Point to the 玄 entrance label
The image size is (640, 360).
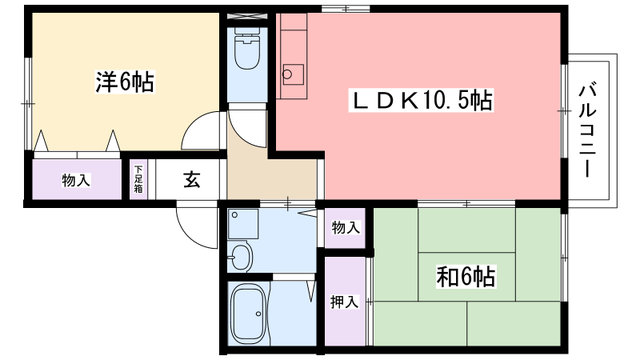point(192,181)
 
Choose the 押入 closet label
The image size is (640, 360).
point(344,301)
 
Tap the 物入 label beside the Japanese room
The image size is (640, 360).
point(345,229)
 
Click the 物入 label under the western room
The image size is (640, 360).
point(75,181)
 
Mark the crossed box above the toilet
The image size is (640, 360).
point(246,18)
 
